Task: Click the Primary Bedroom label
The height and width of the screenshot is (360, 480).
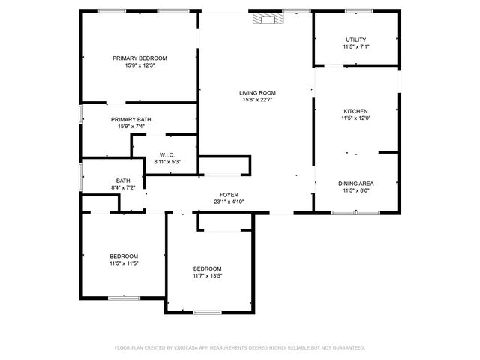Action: tap(139, 58)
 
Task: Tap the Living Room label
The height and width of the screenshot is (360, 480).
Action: tap(257, 92)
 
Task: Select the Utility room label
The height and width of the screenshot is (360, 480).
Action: tap(356, 40)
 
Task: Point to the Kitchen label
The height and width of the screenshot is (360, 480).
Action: tap(356, 111)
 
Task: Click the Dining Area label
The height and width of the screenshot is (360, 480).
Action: tap(356, 184)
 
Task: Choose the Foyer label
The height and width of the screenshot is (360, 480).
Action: tap(229, 195)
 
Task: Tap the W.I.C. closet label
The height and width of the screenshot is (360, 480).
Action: tap(166, 155)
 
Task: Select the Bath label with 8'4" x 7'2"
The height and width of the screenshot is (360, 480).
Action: tap(123, 180)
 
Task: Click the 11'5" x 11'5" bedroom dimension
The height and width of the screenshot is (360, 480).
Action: tap(124, 263)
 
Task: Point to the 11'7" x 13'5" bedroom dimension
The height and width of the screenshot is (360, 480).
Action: tap(208, 276)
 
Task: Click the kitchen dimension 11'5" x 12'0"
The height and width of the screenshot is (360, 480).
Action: tap(356, 118)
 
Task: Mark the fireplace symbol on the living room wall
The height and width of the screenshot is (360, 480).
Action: tap(263, 19)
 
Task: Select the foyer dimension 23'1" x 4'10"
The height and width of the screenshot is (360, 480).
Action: tap(229, 202)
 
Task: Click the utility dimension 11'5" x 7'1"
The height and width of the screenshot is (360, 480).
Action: tap(356, 46)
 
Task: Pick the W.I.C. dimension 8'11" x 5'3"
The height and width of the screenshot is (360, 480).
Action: tap(166, 162)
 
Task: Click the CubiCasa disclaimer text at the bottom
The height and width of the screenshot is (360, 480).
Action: tap(239, 348)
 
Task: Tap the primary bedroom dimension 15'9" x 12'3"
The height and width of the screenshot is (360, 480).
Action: tap(139, 65)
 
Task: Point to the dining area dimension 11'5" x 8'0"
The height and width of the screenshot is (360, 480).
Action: tap(356, 190)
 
